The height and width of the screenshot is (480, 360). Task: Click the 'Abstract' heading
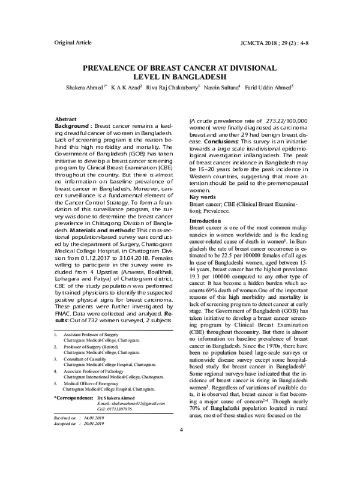coord(65,120)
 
